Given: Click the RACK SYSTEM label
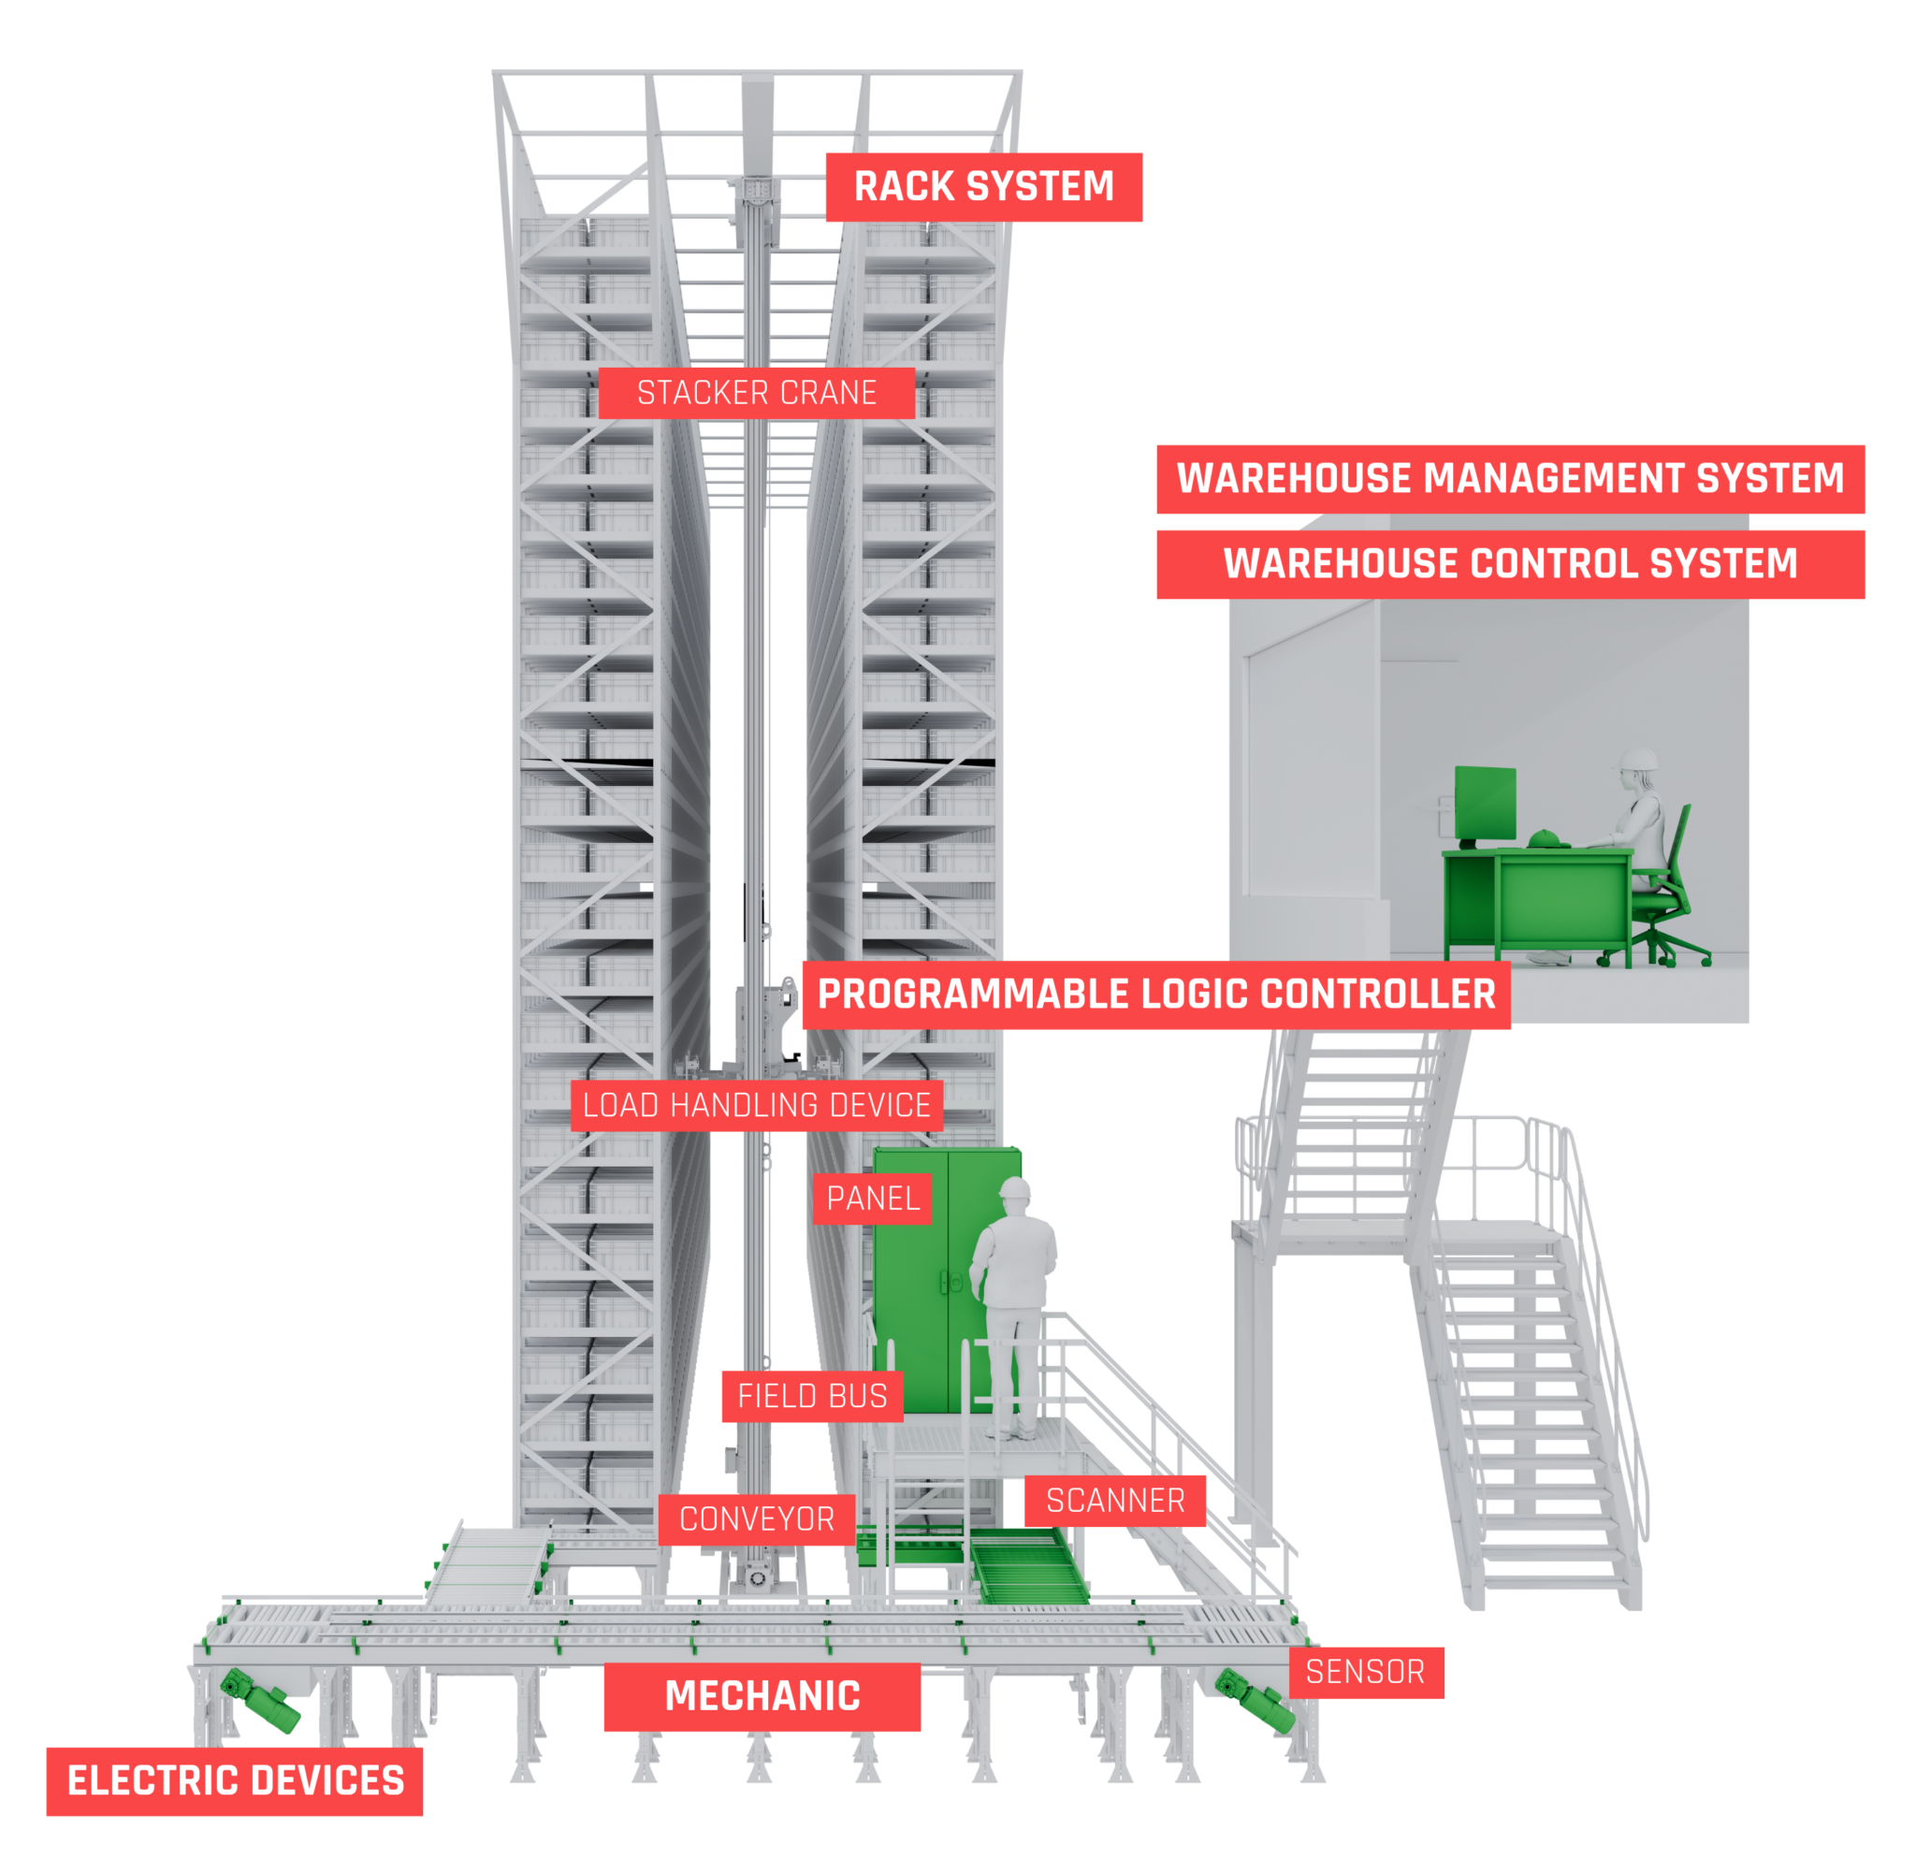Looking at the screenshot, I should pyautogui.click(x=983, y=187).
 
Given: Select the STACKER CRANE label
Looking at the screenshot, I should pyautogui.click(x=756, y=393).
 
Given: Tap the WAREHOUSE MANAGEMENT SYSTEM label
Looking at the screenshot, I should pyautogui.click(x=1510, y=478).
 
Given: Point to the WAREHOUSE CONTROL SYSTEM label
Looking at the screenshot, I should pyautogui.click(x=1510, y=564).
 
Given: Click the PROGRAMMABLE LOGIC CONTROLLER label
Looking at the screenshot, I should pyautogui.click(x=1155, y=995).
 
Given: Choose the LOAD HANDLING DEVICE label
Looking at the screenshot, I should pyautogui.click(x=756, y=1105).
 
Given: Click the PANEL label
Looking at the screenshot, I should pyautogui.click(x=872, y=1198).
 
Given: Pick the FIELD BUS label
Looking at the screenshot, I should pyautogui.click(x=812, y=1396).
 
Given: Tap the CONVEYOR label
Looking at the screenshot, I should pyautogui.click(x=756, y=1518).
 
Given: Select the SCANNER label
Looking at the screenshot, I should pyautogui.click(x=1114, y=1500).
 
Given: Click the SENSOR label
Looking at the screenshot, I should pyautogui.click(x=1365, y=1671).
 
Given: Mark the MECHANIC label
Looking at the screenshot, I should pyautogui.click(x=762, y=1696).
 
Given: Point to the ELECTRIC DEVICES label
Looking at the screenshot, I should pyautogui.click(x=234, y=1780).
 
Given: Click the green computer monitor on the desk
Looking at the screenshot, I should pyautogui.click(x=1486, y=803).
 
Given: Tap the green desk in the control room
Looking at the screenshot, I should pyautogui.click(x=1535, y=895).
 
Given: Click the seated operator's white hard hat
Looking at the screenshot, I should pyautogui.click(x=1638, y=759).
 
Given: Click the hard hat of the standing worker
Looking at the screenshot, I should pyautogui.click(x=1013, y=1187).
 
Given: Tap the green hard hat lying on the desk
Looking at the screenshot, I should pyautogui.click(x=1547, y=837).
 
